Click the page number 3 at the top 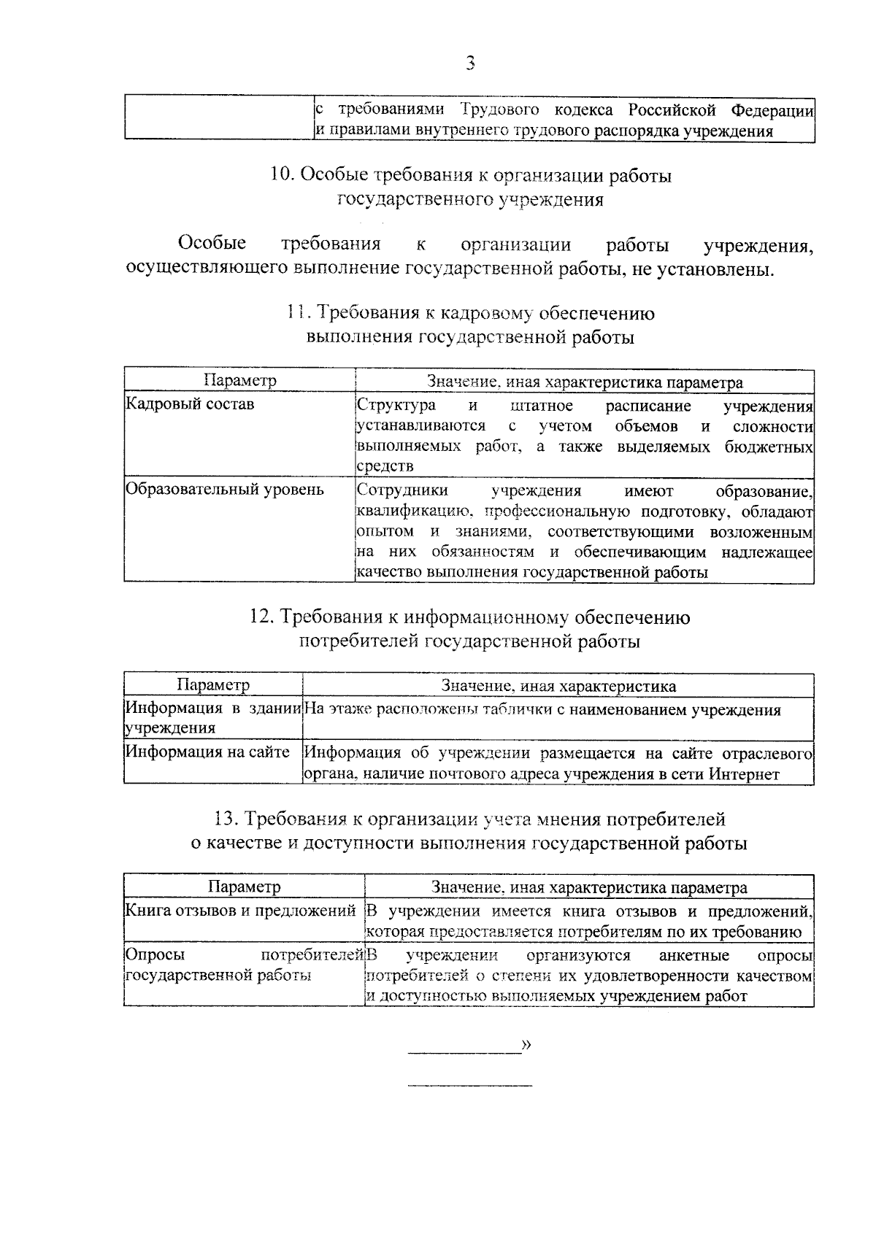point(470,63)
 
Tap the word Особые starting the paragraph point(212,244)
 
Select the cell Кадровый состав point(190,404)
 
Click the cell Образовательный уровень point(224,489)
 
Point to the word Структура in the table point(396,406)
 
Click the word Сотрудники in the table point(402,490)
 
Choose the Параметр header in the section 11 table point(239,380)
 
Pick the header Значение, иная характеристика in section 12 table point(558,686)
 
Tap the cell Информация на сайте point(207,752)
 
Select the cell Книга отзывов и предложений point(241,910)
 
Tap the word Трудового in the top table point(500,110)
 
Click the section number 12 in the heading point(261,617)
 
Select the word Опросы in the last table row point(155,955)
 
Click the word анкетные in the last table point(693,955)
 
